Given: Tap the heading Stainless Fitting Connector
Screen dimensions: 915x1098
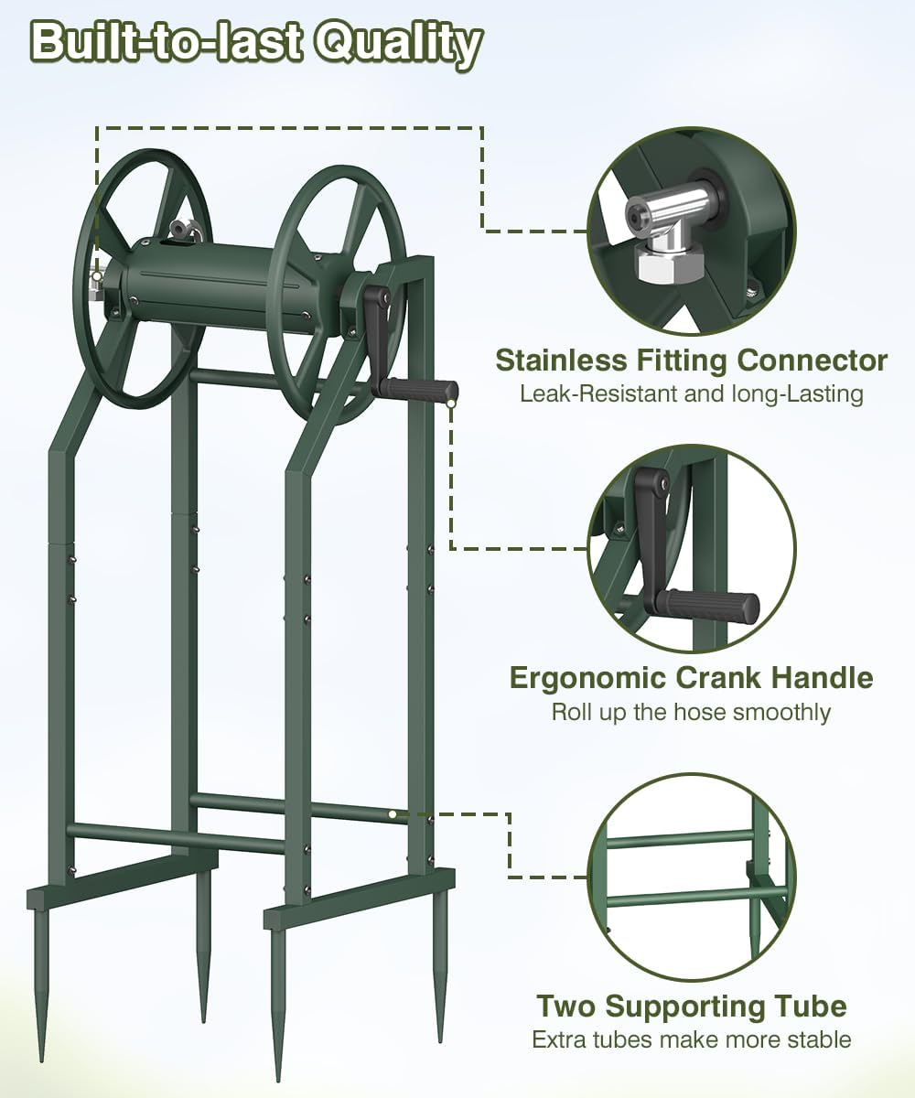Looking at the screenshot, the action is coord(692,361).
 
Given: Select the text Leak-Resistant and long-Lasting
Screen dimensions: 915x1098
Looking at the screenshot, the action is coord(692,393).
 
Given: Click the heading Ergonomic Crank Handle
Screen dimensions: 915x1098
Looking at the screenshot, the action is coord(692,678).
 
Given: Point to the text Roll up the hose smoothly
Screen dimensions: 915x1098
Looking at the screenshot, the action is coord(692,713).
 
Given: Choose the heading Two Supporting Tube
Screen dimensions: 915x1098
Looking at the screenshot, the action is coord(692,1006).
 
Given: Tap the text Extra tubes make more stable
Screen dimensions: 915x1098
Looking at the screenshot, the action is coord(692,1039).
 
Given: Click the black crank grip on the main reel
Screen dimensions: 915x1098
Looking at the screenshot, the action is coord(417,391).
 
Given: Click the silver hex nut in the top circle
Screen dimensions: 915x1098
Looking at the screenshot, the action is coord(669,263).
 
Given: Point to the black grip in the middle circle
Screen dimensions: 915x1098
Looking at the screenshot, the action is coord(712,606).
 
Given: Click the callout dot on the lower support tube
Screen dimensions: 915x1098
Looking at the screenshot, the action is coord(393,814).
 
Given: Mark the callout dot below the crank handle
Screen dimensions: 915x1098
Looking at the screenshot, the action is coord(451,404).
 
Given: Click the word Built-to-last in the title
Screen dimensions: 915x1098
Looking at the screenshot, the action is coord(166,42).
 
